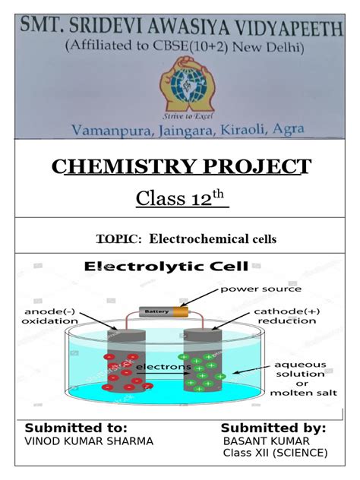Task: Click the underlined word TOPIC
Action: [x=118, y=239]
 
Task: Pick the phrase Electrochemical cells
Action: [x=213, y=239]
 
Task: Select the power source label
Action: [x=261, y=289]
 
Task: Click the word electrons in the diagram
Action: [x=164, y=367]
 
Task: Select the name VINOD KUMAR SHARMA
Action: [x=89, y=441]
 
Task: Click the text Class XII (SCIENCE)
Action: [x=274, y=453]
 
